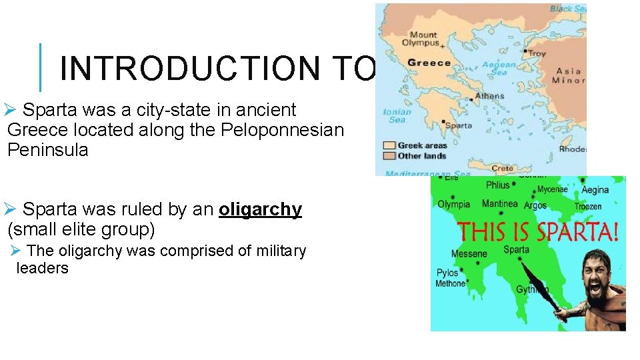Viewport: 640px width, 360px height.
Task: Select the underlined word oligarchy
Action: (x=260, y=209)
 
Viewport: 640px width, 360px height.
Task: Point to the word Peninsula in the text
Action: (x=47, y=150)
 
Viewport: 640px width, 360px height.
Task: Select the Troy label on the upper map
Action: (x=537, y=53)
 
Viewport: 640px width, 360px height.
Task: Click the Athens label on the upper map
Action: (x=490, y=96)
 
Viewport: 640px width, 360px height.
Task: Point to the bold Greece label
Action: (x=429, y=63)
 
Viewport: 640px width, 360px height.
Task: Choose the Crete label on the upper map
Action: (x=503, y=168)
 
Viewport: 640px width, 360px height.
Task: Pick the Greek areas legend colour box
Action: (x=389, y=145)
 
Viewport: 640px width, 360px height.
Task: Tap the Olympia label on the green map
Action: (x=455, y=205)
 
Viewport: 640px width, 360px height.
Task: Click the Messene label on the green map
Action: (x=469, y=254)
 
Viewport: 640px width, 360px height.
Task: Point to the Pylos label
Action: (x=447, y=273)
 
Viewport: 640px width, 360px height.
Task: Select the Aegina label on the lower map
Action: (x=595, y=190)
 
